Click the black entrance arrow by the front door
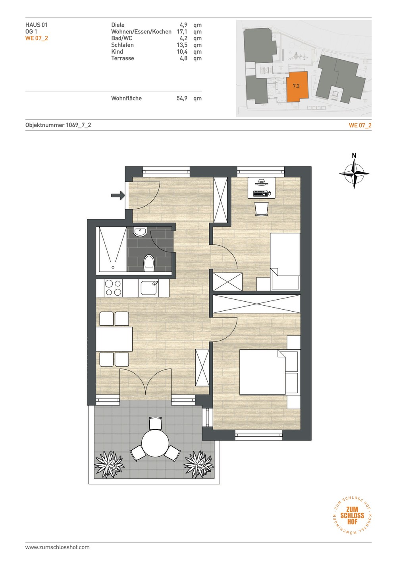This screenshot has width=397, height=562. tap(118, 195)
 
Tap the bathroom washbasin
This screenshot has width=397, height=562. tap(140, 232)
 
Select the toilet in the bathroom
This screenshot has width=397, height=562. tap(149, 263)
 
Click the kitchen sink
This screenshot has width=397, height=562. tap(149, 288)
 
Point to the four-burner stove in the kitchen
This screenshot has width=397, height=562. tap(113, 288)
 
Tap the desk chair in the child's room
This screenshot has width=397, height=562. tap(262, 209)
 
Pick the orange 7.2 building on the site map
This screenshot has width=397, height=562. tap(297, 86)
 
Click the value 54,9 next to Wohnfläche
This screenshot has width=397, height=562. tap(182, 98)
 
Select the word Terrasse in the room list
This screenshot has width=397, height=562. tap(123, 58)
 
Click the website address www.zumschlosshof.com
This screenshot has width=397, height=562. tap(58, 547)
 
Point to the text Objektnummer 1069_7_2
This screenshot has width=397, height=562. tap(58, 125)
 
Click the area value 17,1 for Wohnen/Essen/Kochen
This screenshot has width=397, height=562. tap(182, 32)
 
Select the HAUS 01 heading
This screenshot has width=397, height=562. tap(37, 25)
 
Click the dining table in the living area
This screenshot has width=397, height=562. tap(114, 339)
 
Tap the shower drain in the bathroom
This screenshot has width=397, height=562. tap(113, 267)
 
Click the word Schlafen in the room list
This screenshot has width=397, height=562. tap(122, 45)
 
